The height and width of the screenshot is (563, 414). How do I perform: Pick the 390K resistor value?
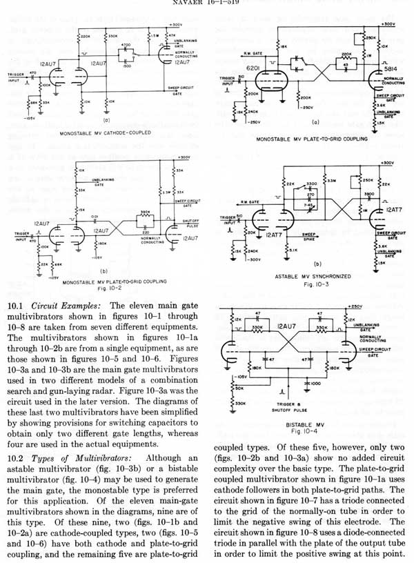146,213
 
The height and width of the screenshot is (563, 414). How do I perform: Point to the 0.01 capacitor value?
103,215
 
